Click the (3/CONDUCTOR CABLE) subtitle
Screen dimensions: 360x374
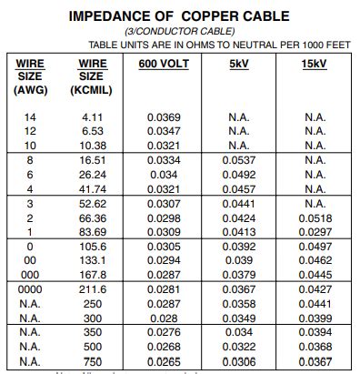pyautogui.click(x=180, y=32)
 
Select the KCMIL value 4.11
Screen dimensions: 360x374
pyautogui.click(x=93, y=117)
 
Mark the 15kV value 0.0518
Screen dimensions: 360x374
pyautogui.click(x=315, y=219)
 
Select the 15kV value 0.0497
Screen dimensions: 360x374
pyautogui.click(x=315, y=248)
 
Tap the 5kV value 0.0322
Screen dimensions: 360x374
pyautogui.click(x=239, y=349)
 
